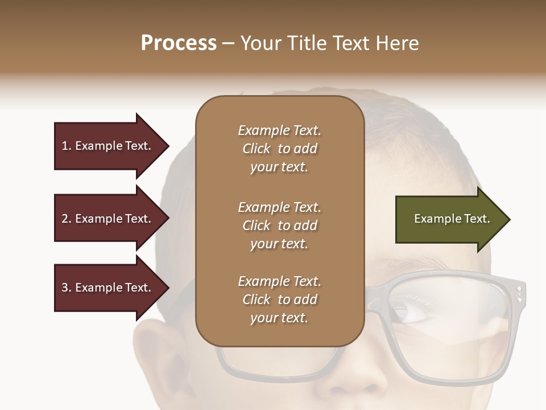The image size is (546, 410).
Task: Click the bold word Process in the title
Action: point(179,43)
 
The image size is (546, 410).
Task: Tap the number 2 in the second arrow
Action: point(65,219)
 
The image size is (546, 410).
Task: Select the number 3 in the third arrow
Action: point(65,288)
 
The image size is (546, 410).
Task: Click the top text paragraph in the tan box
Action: point(279,149)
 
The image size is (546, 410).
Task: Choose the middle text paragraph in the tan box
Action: point(279,225)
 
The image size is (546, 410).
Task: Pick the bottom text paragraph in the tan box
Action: point(279,300)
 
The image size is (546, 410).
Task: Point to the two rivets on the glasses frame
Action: point(519,293)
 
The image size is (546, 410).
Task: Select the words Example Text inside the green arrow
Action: point(452,219)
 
